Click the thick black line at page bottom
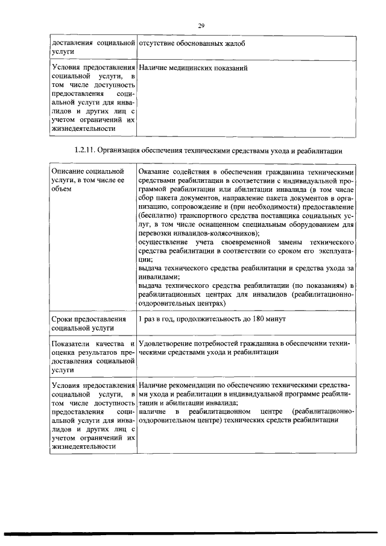193,533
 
